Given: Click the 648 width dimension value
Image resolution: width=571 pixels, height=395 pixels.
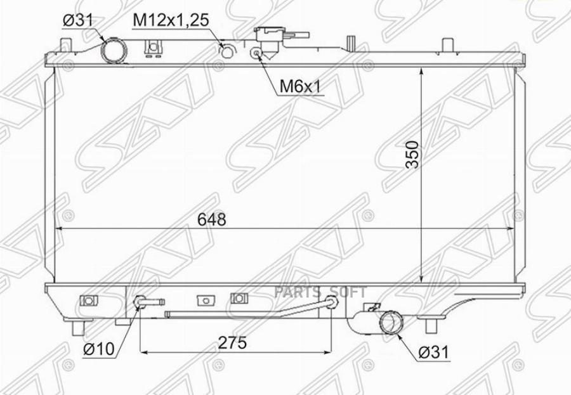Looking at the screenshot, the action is [x=211, y=219].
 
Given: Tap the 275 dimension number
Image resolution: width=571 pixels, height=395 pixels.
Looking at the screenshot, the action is [x=232, y=342].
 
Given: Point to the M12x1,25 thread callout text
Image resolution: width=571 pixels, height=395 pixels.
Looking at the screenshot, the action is [x=171, y=20].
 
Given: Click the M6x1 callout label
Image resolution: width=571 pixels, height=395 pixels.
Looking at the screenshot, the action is [x=299, y=87].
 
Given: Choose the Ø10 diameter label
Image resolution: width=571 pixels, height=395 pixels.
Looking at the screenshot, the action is [x=99, y=349].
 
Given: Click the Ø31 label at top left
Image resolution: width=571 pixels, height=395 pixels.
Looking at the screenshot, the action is [x=78, y=21].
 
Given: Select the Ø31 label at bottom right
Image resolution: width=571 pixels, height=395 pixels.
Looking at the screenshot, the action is [x=434, y=353].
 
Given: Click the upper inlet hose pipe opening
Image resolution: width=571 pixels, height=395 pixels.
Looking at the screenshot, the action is [x=114, y=51].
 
